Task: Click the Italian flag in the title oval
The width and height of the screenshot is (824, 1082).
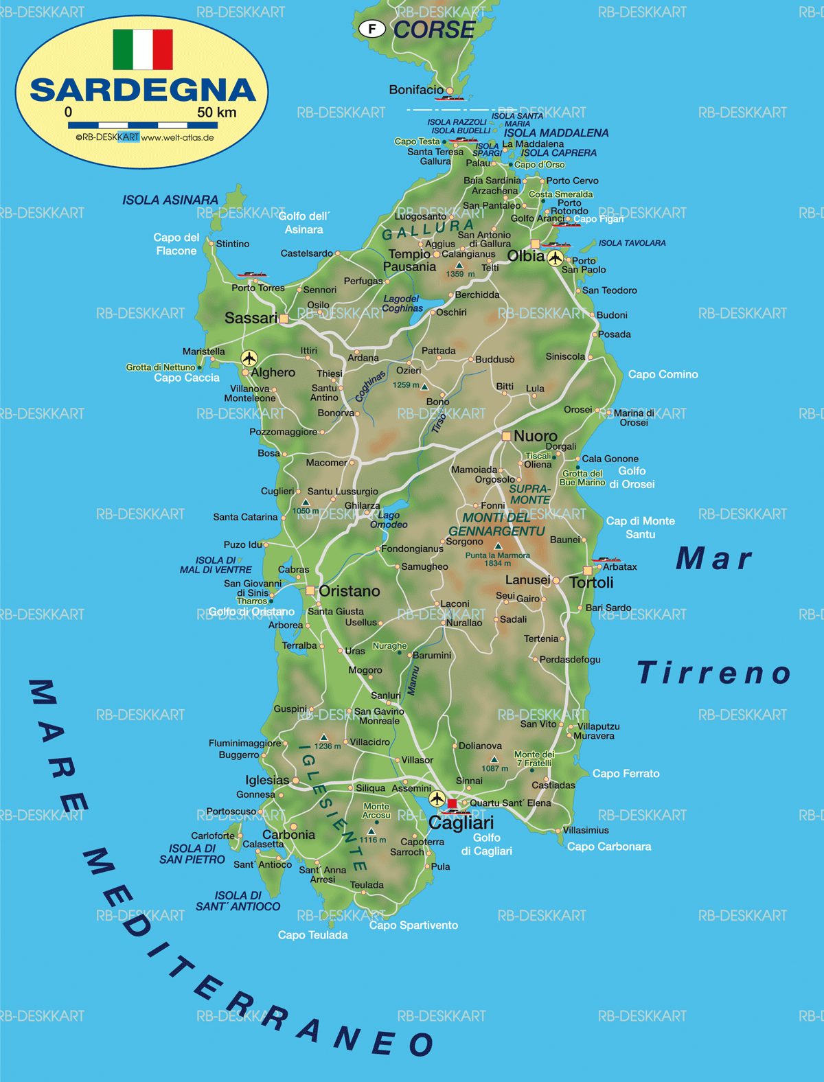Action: coord(143,49)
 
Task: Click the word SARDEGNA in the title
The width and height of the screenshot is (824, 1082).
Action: coord(143,90)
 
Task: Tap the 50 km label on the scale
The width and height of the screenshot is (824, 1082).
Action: coord(216,113)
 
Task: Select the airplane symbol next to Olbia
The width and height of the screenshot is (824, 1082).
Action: coord(555,258)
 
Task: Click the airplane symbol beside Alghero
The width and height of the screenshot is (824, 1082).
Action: coord(249,358)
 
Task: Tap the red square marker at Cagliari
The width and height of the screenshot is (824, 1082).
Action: coord(452,803)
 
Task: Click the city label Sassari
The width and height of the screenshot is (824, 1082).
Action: coord(251,318)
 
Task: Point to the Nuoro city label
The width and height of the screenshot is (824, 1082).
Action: coord(536,436)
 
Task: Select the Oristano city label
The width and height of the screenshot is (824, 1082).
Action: coord(349,591)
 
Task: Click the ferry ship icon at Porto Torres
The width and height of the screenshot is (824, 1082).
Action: coord(252,275)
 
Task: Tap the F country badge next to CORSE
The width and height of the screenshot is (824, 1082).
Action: coord(372,29)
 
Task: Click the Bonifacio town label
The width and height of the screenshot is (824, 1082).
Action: coord(416,90)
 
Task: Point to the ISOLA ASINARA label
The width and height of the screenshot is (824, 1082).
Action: coord(170,200)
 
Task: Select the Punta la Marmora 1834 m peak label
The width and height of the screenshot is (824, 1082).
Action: coord(497,559)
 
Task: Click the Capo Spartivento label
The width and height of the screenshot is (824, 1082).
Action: coord(413,925)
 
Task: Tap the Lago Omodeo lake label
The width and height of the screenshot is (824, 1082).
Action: coord(389,520)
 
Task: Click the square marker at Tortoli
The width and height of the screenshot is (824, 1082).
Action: coord(588,571)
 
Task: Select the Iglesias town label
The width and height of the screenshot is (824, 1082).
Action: coord(267,780)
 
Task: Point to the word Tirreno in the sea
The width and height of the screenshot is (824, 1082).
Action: coord(714,673)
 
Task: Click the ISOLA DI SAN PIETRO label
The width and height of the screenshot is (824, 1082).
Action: coord(192,854)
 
